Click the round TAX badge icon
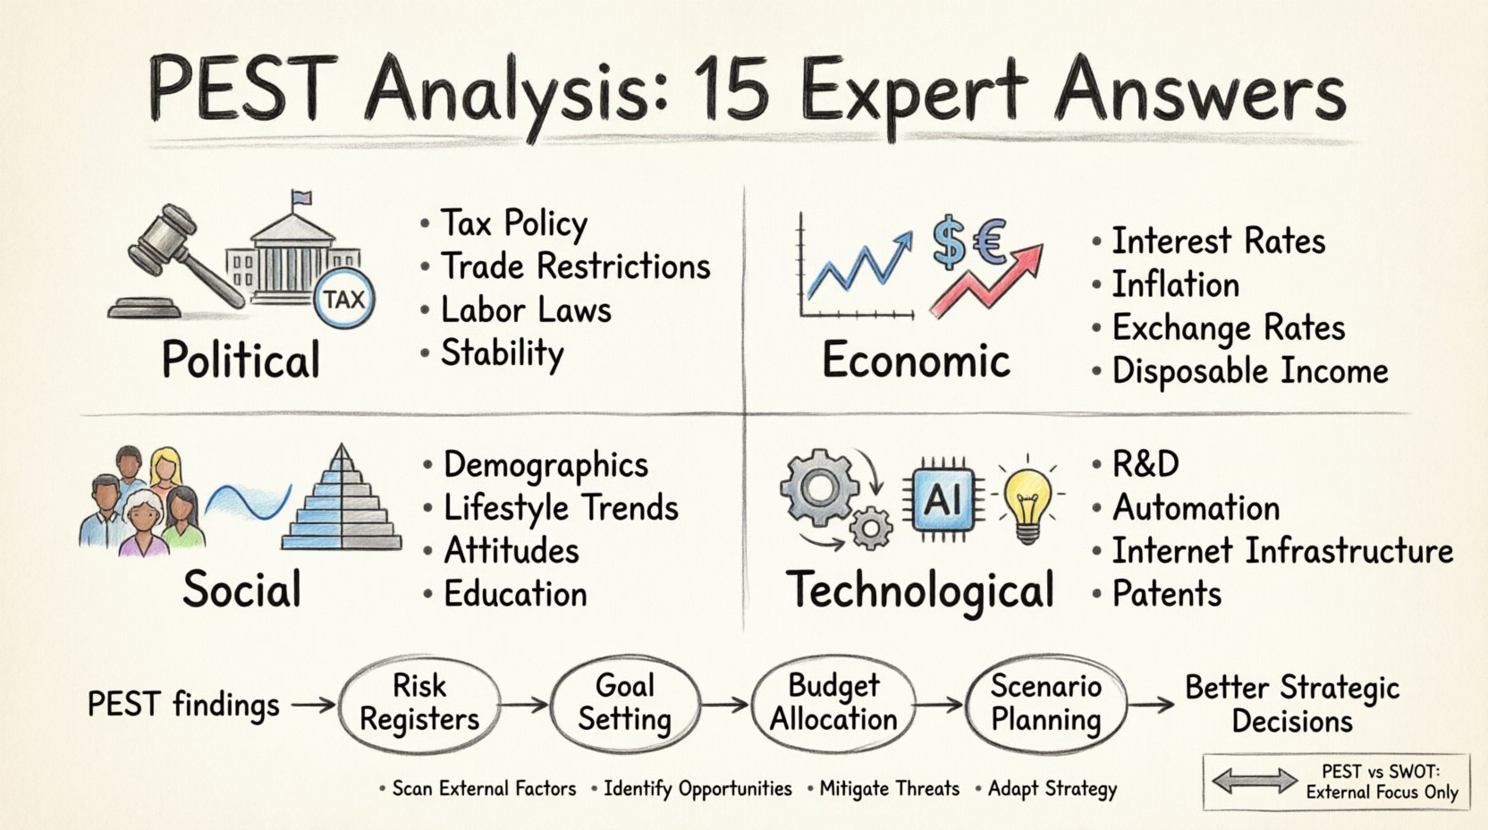[x=343, y=299]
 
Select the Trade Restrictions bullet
[x=575, y=267]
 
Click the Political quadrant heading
[x=241, y=360]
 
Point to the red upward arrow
[x=988, y=280]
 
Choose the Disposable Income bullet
[x=1249, y=371]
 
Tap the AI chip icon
[x=942, y=500]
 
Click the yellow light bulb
[x=1027, y=501]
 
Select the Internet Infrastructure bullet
[x=1281, y=551]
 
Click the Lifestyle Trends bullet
[x=561, y=508]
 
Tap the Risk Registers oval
[x=419, y=704]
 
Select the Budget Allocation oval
[x=833, y=704]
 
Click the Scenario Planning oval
[x=1046, y=704]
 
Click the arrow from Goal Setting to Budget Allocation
[x=725, y=705]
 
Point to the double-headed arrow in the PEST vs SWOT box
[x=1254, y=781]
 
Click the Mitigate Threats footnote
[x=889, y=789]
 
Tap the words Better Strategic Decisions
[x=1291, y=705]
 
